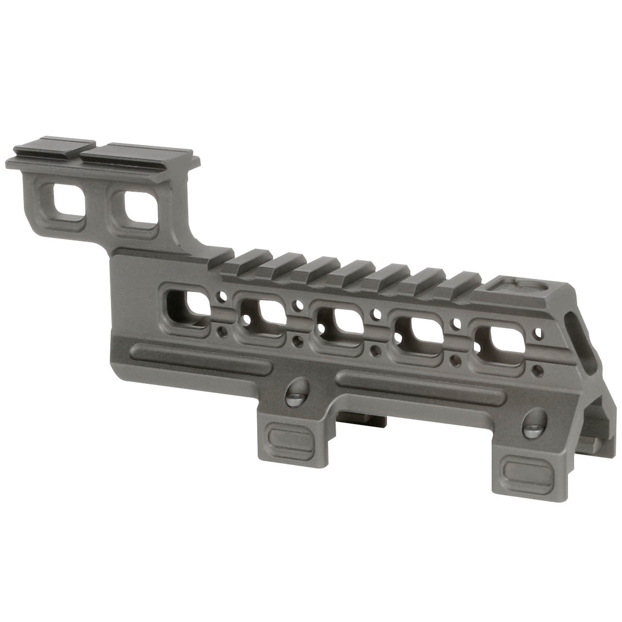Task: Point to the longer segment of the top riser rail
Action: (141, 151)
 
